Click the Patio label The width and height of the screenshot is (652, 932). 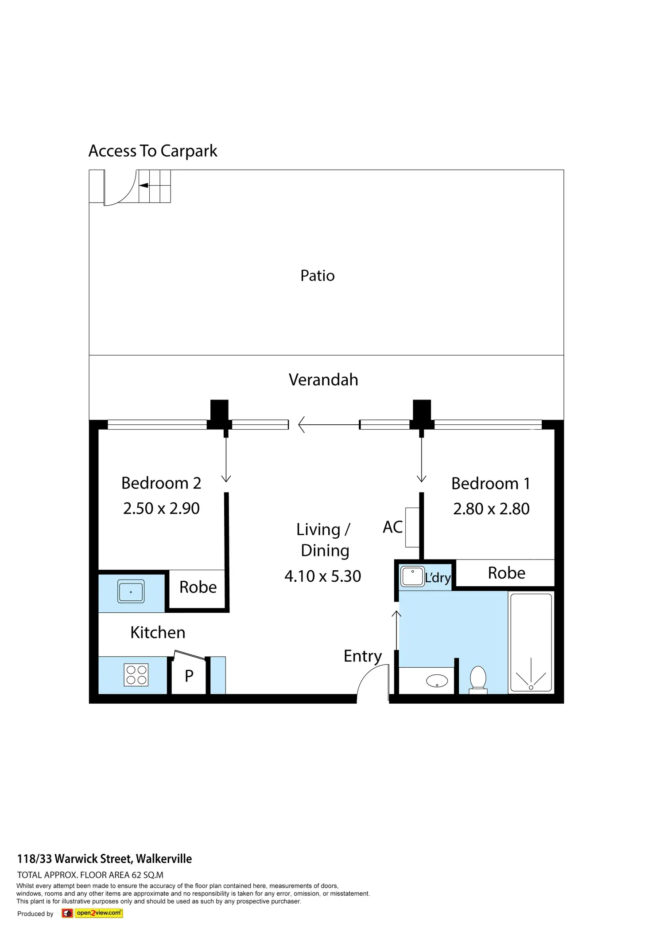point(317,275)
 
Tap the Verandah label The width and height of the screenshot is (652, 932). point(323,380)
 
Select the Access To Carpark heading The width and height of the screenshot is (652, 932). point(153,151)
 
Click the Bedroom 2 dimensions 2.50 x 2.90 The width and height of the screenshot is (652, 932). point(161,508)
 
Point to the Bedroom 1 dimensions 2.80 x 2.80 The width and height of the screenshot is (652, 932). point(491,509)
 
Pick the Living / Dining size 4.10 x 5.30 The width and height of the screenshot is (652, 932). point(322,576)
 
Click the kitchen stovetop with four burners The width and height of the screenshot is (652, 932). point(136,675)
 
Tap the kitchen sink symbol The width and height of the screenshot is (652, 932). point(131,591)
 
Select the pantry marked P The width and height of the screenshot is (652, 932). point(189,676)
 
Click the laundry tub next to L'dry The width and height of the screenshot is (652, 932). point(412,576)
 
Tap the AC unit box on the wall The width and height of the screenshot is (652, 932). point(412,527)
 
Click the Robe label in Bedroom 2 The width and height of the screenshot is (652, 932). point(198,587)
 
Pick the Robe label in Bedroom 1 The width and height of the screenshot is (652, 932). point(506,573)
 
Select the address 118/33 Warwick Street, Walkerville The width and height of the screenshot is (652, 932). point(105,859)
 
